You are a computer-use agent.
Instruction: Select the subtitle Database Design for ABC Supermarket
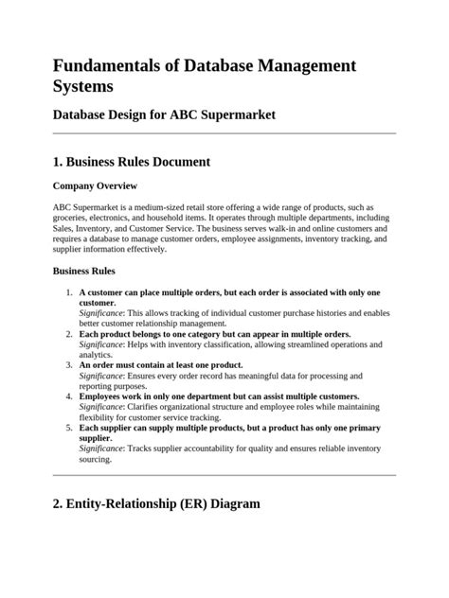[164, 115]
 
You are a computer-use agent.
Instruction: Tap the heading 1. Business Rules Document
[132, 162]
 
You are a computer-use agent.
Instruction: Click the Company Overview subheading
[95, 185]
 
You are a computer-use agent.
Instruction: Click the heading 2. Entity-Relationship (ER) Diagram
[156, 503]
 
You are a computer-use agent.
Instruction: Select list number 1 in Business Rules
[69, 292]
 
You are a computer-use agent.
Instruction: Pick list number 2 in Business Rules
[69, 334]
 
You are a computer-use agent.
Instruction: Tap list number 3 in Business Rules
[69, 365]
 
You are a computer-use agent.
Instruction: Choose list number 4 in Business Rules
[69, 396]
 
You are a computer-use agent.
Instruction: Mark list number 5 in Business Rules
[69, 428]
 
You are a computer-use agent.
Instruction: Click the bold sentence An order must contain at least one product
[161, 365]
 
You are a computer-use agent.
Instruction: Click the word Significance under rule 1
[101, 313]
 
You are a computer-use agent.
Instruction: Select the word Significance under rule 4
[101, 407]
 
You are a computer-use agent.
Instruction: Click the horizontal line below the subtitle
[224, 133]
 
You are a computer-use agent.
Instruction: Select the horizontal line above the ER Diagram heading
[224, 475]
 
